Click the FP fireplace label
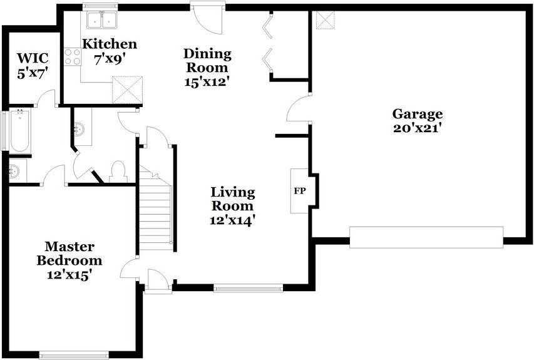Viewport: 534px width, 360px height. [300, 190]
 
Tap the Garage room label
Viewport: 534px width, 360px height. [418, 114]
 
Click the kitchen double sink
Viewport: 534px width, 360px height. [101, 20]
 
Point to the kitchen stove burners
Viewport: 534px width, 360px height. [73, 57]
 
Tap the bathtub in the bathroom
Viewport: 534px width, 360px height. [19, 132]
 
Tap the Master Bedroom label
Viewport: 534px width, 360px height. [69, 253]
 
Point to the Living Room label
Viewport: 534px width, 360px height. [232, 198]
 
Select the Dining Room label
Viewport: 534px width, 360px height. [207, 60]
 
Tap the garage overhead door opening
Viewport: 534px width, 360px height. [426, 237]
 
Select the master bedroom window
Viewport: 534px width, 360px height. [74, 354]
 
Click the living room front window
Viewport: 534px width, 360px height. [248, 288]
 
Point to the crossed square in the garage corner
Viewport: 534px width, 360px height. [326, 20]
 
